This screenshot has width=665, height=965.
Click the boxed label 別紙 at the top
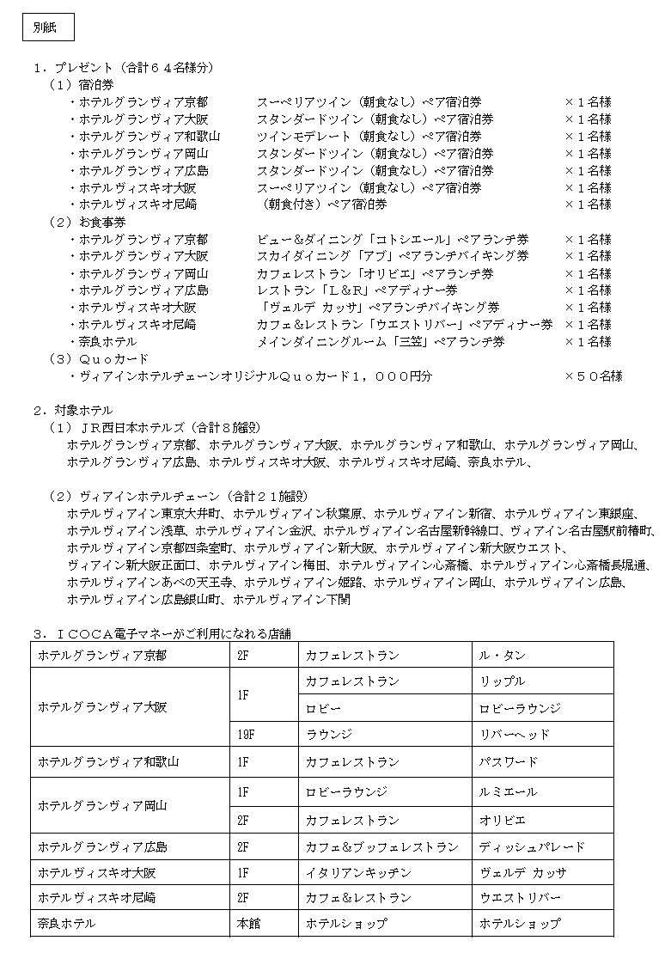(x=47, y=27)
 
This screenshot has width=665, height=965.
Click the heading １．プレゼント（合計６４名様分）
(x=124, y=68)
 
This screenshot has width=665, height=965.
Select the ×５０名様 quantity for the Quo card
(x=594, y=376)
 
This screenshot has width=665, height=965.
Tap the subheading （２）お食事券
(x=88, y=222)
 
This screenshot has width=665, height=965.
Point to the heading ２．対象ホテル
(x=73, y=410)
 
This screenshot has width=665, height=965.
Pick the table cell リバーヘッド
(x=515, y=735)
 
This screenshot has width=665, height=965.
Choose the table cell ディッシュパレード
(x=532, y=847)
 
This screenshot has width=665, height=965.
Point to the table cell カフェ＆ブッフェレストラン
(x=381, y=847)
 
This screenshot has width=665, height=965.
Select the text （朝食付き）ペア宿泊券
(x=326, y=205)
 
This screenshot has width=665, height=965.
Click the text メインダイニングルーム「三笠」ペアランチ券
(x=381, y=341)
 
